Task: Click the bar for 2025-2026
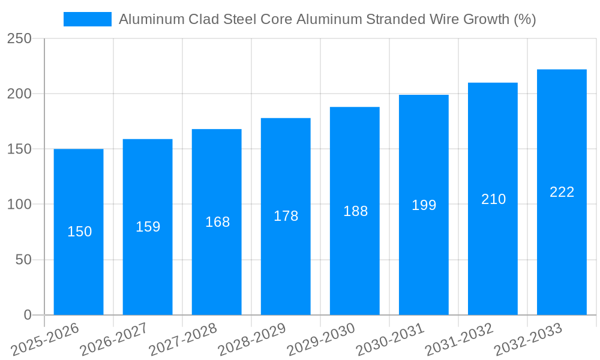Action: click(x=79, y=240)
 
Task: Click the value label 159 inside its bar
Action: click(x=148, y=227)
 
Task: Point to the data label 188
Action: click(x=355, y=211)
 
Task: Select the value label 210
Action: click(x=493, y=199)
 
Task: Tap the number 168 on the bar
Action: click(x=217, y=222)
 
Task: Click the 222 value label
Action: click(x=562, y=192)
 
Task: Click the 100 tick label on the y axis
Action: click(x=19, y=205)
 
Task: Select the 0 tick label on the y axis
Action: click(x=27, y=315)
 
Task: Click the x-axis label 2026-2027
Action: click(x=113, y=340)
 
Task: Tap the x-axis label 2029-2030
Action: click(x=320, y=340)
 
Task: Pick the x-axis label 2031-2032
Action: click(x=458, y=340)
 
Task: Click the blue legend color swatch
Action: click(x=88, y=19)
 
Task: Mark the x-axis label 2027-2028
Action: click(x=182, y=340)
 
